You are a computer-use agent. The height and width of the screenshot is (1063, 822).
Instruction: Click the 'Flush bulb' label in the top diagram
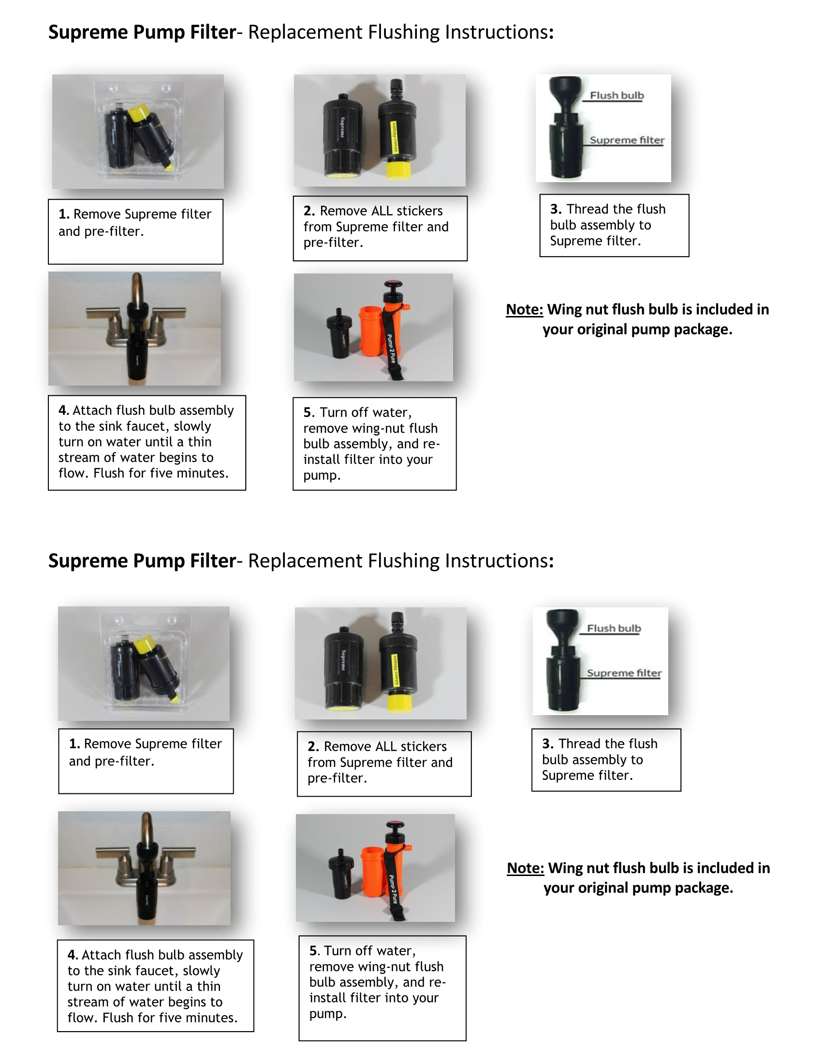[616, 95]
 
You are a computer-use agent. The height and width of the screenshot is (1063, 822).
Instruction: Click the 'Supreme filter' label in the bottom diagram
[624, 673]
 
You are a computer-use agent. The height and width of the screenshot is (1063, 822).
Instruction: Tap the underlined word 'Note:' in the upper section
[525, 310]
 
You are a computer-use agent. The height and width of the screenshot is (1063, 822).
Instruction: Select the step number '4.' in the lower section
[73, 955]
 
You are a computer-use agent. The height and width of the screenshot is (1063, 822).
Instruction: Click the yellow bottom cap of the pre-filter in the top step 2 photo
[398, 170]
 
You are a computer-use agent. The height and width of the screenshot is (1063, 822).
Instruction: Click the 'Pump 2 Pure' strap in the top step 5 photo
[391, 348]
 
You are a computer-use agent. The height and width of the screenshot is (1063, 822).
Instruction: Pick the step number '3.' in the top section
[556, 209]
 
